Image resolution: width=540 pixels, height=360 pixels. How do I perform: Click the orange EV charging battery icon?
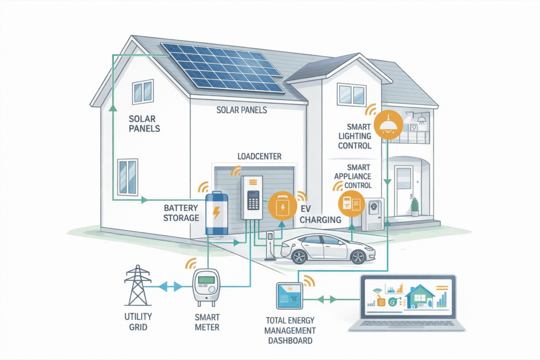point(282,206)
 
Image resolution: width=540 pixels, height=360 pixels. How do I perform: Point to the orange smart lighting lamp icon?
point(388,125)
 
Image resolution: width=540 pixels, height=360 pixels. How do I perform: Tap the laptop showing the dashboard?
point(408,304)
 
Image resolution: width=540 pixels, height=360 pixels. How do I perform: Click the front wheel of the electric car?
point(299,257)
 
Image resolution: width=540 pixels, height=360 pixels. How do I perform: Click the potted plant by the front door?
point(415,207)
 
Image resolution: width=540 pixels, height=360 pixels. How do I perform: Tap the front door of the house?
point(403,190)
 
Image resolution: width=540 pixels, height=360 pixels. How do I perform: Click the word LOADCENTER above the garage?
point(259,157)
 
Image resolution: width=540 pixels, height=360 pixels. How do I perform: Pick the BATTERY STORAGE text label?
point(181,213)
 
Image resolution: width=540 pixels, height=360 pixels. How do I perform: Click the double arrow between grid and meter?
point(171,286)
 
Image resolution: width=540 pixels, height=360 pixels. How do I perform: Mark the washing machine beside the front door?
point(373,214)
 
